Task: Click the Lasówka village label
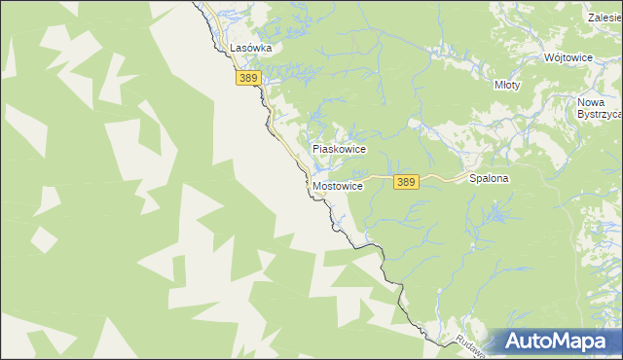(250, 47)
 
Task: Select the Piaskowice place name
(338, 149)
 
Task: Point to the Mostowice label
(339, 185)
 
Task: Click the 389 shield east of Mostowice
(407, 182)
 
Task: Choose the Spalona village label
(490, 179)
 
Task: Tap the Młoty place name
(507, 85)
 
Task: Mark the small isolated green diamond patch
(44, 237)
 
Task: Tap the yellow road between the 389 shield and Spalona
(443, 179)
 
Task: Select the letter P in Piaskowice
(315, 149)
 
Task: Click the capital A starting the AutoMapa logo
(515, 342)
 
